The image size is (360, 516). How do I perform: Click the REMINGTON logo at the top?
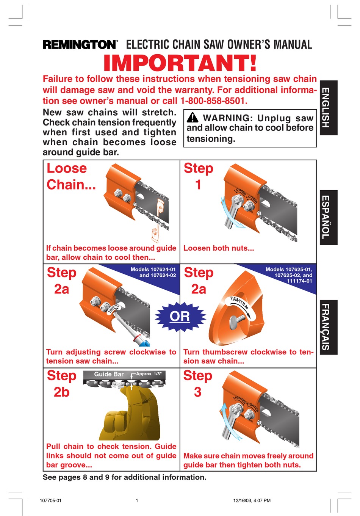tap(80, 44)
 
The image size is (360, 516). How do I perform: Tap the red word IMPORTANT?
tap(180, 63)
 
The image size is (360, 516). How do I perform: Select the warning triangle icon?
tap(193, 118)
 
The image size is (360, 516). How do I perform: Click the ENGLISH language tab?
tap(329, 108)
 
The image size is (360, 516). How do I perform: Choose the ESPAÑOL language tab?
tap(329, 218)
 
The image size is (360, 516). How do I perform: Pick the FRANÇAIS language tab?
tap(329, 327)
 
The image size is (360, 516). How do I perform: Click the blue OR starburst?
tap(180, 317)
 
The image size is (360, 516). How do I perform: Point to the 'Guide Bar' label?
tap(109, 374)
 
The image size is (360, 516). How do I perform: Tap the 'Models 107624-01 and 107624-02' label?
tap(153, 272)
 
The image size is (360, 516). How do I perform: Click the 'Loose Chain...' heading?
tap(71, 176)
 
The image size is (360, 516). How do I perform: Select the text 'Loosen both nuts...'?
tap(219, 248)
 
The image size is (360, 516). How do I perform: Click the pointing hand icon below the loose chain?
tap(155, 233)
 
